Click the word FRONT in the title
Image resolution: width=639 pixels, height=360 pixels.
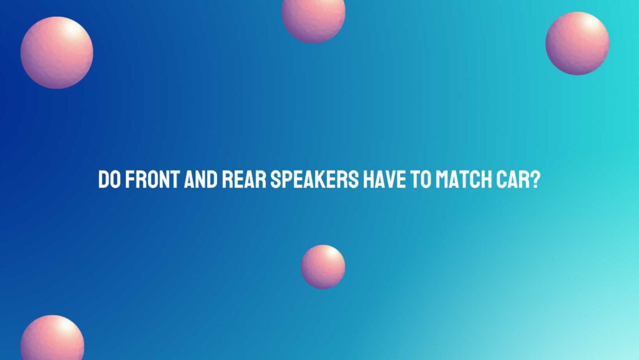click(152, 180)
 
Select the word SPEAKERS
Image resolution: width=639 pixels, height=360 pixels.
click(315, 180)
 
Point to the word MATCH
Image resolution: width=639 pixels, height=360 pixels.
click(464, 180)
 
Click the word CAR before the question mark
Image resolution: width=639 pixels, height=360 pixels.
click(514, 180)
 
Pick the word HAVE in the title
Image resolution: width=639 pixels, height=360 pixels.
click(384, 180)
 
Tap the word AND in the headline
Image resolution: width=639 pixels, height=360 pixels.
click(200, 180)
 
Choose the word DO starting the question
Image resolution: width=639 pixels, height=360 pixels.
click(109, 180)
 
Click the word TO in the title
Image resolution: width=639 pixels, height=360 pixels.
click(420, 180)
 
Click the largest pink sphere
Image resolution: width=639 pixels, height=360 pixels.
click(57, 52)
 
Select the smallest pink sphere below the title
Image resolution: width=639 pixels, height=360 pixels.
click(323, 267)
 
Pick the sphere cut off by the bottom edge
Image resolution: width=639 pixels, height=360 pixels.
click(52, 339)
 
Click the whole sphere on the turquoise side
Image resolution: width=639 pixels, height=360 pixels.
click(577, 43)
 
